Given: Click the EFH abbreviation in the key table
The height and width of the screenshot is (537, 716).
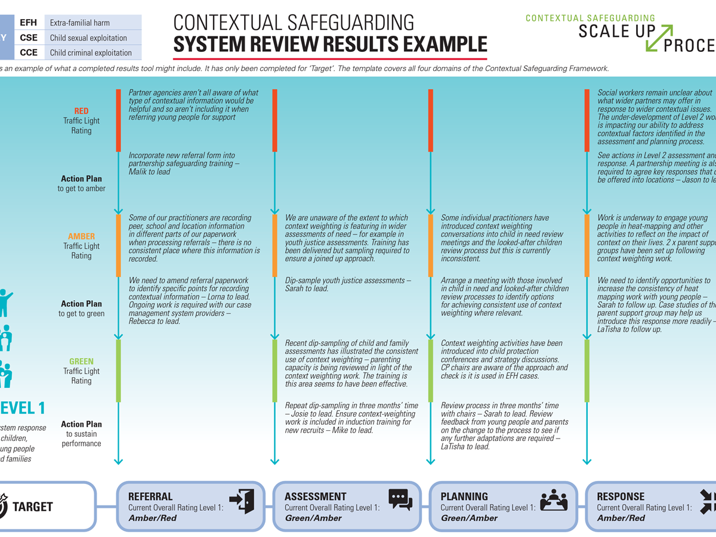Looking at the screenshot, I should point(28,23).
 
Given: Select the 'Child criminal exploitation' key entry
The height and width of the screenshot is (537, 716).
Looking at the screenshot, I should point(91,53).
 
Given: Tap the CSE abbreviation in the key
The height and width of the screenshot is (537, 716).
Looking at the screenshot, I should point(28,38).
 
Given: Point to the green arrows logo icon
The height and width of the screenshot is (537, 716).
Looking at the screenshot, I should point(659,38).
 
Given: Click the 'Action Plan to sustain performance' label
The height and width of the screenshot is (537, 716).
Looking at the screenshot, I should point(81,434).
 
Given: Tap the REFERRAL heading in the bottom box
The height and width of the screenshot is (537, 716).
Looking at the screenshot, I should point(150,496).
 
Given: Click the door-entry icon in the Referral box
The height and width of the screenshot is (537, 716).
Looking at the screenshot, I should point(242,501).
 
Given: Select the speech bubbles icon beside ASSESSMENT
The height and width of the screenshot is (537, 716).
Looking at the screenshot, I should point(400,500).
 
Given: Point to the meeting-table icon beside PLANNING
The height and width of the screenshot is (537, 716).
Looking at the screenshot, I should point(554,501).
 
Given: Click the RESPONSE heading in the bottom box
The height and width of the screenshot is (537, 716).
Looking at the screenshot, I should point(621,496).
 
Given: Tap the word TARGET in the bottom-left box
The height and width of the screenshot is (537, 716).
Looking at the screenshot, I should point(33,507).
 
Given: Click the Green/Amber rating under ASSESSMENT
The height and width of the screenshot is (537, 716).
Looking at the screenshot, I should point(313,518).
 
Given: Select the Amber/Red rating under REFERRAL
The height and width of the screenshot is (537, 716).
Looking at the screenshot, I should point(153,518).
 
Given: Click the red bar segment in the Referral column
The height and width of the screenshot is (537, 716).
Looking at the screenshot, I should point(118,119).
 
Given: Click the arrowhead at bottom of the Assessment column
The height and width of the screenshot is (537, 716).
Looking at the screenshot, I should point(274,461).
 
